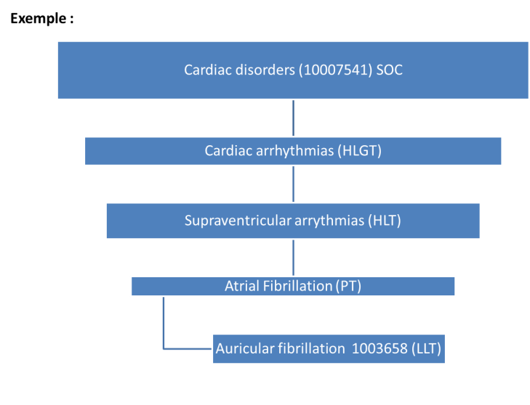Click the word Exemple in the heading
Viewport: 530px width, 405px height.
pos(39,19)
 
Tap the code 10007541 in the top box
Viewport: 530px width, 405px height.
pos(335,70)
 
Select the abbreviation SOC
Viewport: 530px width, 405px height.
pos(390,70)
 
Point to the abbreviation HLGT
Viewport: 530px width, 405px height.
pos(360,151)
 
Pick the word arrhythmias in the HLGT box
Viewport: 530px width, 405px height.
pos(294,151)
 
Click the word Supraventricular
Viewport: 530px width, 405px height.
pos(238,221)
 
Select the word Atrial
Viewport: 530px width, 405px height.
pos(242,286)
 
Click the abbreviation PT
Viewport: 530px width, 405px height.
pos(348,286)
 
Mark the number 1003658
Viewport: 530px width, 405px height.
pos(380,348)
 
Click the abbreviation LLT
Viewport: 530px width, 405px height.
pos(426,348)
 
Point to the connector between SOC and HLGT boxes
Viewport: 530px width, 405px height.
pos(293,118)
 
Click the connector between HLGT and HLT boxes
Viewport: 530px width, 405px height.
pos(293,184)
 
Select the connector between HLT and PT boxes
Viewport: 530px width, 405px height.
pos(293,258)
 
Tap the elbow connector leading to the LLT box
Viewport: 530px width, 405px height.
pos(164,337)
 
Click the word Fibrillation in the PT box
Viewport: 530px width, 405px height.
pos(298,286)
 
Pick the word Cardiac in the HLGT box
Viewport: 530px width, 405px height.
pos(228,151)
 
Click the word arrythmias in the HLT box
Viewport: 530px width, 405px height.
pos(329,221)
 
